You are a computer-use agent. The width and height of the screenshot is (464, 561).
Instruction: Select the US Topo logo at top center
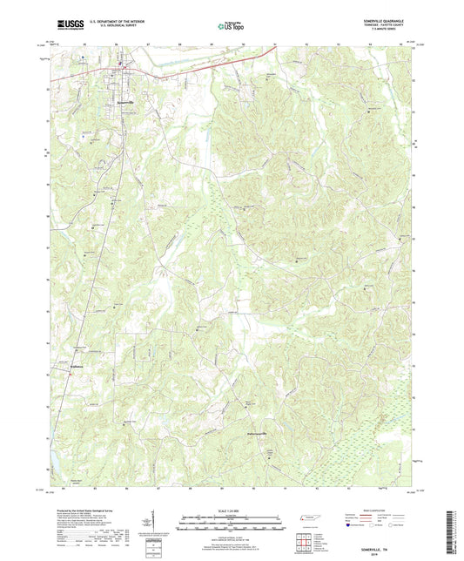(x=229, y=27)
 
